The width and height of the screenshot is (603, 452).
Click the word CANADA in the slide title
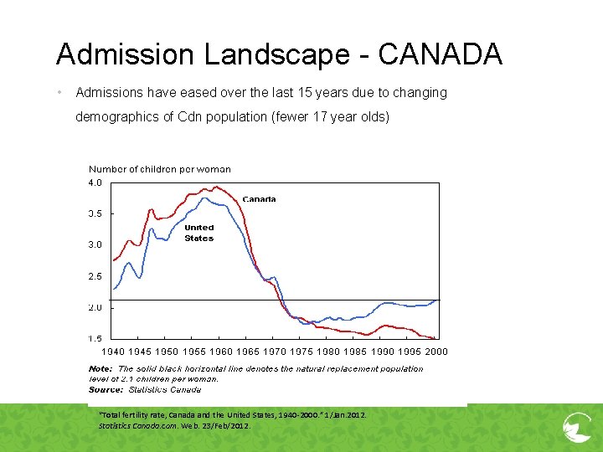point(441,54)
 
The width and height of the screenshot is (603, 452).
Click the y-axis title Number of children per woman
point(159,169)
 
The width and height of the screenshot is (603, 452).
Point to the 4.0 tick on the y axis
point(95,182)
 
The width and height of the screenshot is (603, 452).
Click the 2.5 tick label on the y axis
point(95,276)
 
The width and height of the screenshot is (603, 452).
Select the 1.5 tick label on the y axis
point(95,339)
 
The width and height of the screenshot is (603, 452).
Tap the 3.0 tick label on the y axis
point(95,245)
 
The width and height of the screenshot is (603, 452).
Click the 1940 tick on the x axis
point(114,352)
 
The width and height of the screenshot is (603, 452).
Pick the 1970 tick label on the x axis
point(275,352)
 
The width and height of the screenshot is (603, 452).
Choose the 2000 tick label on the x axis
point(435,352)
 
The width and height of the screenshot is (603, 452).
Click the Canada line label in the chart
point(259,199)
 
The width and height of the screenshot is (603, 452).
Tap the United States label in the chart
point(199,233)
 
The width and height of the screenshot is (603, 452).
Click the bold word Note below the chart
point(100,368)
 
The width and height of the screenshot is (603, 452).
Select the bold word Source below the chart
point(106,389)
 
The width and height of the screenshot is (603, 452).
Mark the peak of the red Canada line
point(216,187)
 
